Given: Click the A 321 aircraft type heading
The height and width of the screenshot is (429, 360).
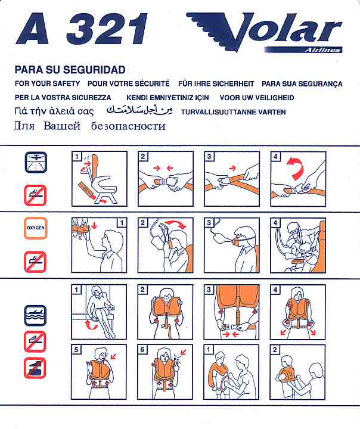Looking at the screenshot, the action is coord(82,29).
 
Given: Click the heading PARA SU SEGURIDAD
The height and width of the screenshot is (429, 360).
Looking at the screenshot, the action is coord(70,70).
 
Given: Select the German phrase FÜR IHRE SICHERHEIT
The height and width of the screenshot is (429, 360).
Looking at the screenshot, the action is coord(216,83).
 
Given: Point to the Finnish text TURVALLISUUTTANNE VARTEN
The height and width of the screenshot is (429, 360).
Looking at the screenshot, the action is coord(233,112).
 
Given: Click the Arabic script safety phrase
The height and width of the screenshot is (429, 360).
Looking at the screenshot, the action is coord(139,110).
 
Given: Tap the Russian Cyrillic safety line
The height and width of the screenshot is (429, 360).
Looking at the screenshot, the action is coord(90,126).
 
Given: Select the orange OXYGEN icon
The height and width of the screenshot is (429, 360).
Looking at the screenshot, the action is coord(36,228).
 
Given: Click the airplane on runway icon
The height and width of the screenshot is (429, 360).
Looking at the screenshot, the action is coord(36,163).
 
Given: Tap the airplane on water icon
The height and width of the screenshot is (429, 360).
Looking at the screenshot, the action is coord(36,315).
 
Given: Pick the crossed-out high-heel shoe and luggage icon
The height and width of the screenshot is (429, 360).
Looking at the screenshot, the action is coord(35,368).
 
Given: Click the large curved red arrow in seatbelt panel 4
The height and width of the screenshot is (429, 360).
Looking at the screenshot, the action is coord(295,167).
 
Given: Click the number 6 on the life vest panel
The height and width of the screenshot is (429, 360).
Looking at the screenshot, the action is coord(142,350).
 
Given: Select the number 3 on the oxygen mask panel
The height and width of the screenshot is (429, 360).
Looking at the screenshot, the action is coord(209,223).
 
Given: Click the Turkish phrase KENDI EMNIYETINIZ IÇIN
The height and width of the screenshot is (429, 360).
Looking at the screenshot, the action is coord(167,98).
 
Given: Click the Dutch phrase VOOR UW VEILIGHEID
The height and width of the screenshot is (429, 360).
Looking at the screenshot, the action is coord(257,98).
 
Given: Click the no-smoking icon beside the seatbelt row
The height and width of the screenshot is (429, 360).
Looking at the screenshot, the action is coord(35,195).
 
